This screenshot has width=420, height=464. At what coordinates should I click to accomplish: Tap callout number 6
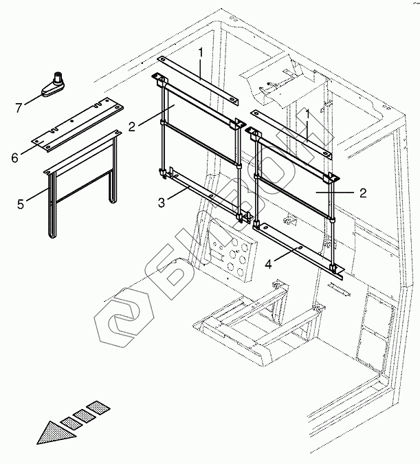[14, 157]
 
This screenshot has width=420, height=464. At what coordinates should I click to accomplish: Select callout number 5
[21, 203]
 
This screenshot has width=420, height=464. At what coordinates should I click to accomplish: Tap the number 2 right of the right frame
[361, 193]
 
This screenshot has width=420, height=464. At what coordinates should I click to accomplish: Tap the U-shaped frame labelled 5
[81, 179]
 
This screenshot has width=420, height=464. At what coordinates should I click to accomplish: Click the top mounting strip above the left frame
[199, 81]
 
